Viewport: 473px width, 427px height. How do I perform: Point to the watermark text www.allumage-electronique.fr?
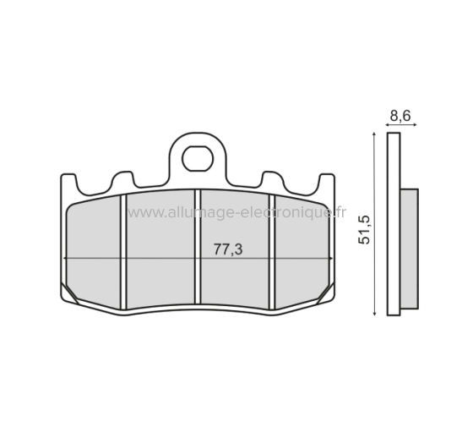[x=236, y=214]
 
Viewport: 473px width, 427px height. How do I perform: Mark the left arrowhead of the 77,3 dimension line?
[x=67, y=257]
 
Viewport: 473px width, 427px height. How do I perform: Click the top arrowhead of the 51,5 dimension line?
[x=373, y=135]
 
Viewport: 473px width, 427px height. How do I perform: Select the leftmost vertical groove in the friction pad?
[x=123, y=251]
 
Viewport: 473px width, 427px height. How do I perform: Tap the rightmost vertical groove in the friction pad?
[x=270, y=251]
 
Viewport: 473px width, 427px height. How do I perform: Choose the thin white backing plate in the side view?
[x=394, y=224]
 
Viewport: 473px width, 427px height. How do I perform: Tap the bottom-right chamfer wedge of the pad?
[x=326, y=293]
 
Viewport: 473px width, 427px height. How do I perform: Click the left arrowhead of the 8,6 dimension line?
[x=389, y=124]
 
